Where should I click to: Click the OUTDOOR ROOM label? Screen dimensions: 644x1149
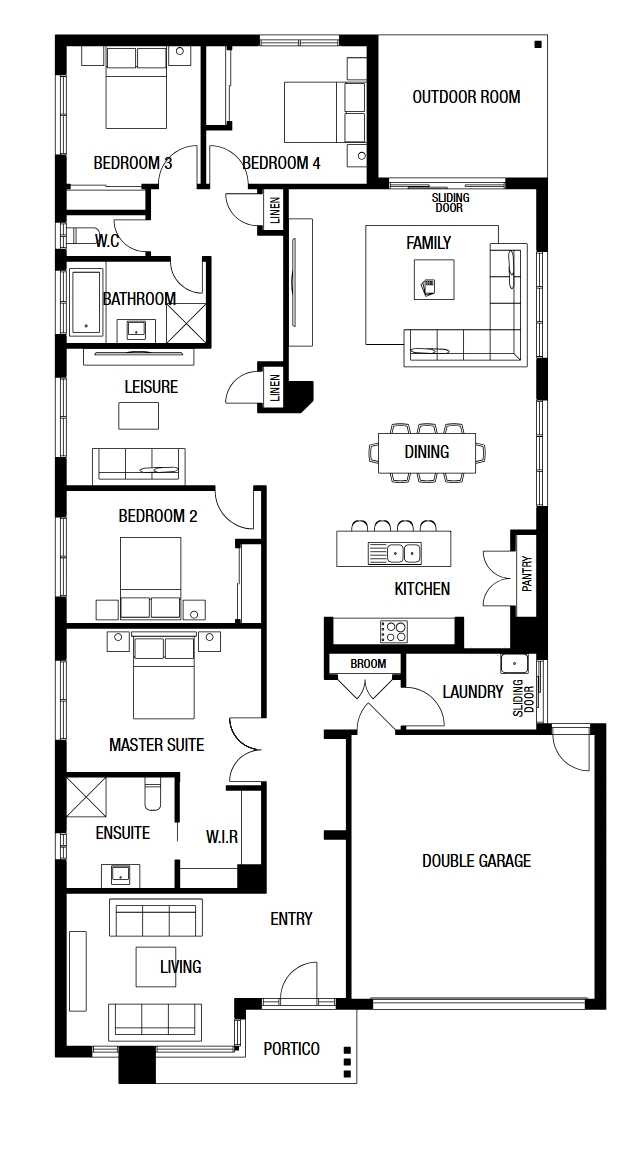466,97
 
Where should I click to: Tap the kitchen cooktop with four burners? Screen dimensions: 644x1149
393,631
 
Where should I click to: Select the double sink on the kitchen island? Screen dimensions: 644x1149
403,553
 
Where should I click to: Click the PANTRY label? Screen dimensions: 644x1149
528,575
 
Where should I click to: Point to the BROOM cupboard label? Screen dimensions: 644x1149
368,664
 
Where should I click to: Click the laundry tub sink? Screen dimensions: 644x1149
514,663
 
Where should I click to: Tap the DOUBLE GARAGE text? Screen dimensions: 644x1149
476,860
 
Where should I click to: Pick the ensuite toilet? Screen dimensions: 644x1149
152,794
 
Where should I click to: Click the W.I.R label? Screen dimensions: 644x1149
222,837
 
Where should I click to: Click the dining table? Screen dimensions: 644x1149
426,452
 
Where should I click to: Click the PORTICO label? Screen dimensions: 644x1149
292,1049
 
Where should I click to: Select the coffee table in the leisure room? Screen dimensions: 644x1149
138,416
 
